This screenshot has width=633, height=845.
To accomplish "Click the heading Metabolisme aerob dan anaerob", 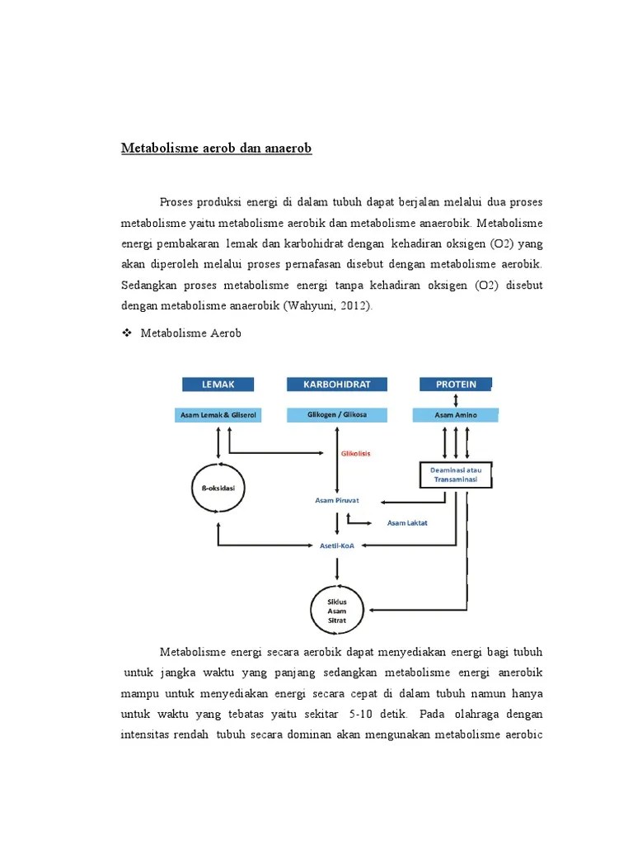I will [217, 149].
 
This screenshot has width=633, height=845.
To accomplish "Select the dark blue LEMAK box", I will [218, 384].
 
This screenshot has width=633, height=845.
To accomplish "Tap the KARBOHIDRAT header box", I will [336, 384].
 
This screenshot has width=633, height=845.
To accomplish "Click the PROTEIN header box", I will [455, 384].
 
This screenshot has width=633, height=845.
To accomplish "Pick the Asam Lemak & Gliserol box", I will [218, 415].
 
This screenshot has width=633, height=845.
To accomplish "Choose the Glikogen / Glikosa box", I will [336, 415].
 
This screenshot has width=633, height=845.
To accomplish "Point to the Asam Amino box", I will [455, 415].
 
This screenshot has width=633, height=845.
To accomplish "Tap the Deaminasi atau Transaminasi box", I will [456, 474].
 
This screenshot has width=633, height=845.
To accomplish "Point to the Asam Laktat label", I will [407, 522].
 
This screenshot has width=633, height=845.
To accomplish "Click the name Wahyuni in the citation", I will [311, 305].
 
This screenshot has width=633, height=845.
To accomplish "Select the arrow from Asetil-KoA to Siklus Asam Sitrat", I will [336, 569].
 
